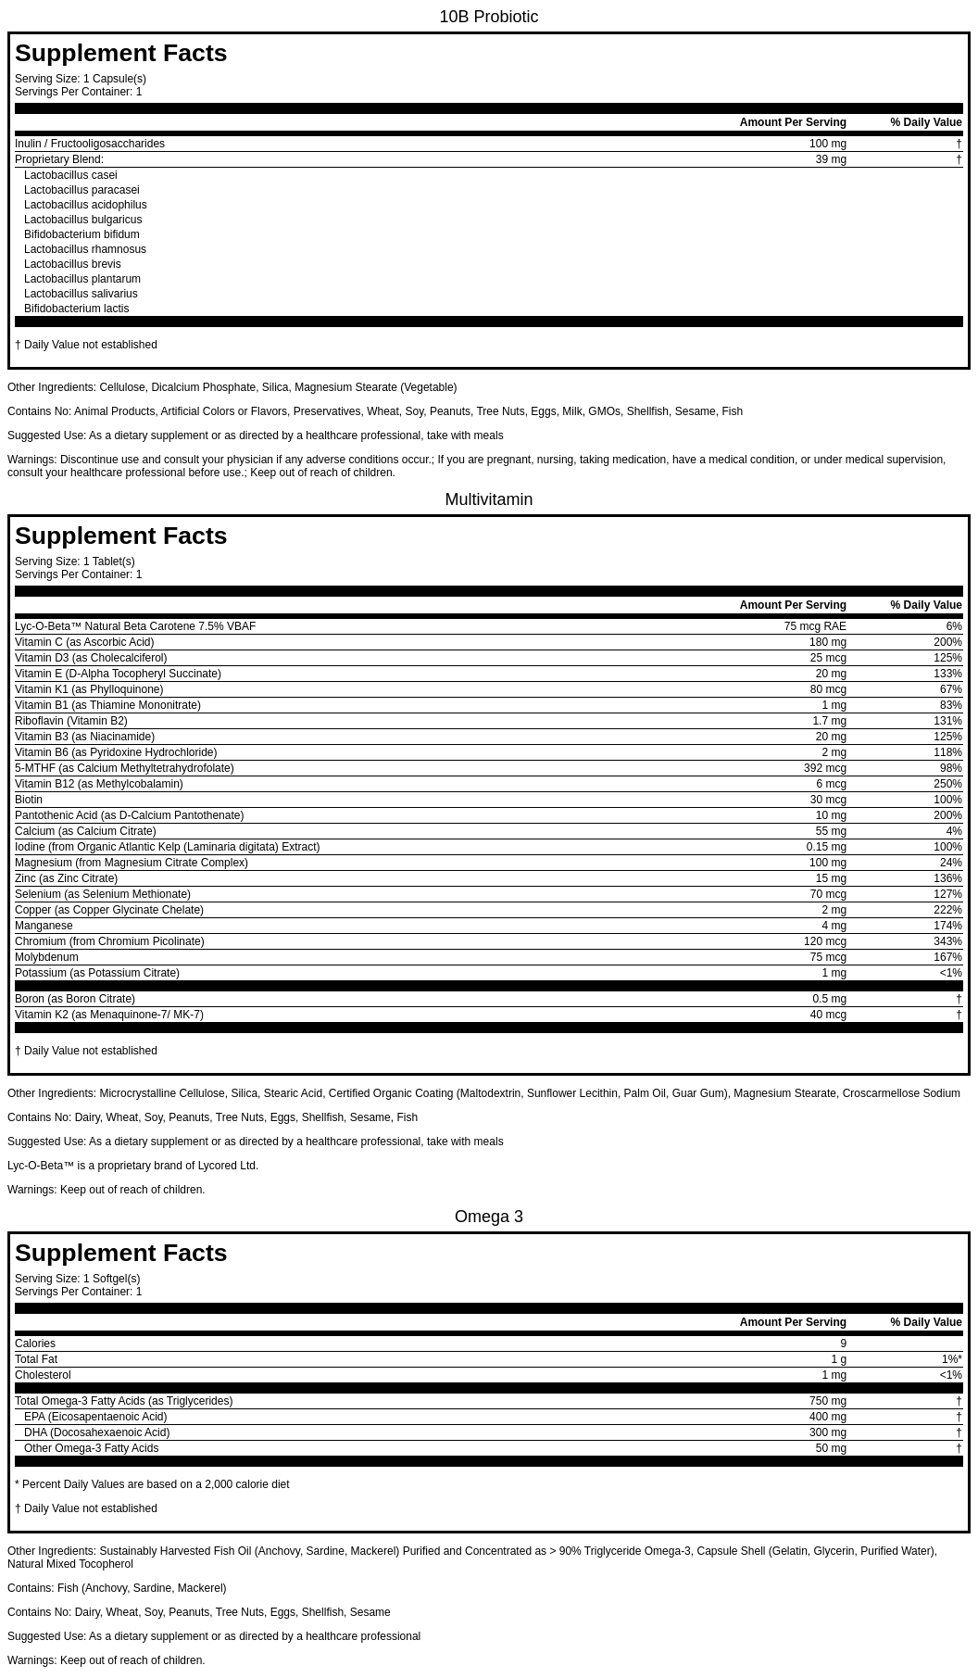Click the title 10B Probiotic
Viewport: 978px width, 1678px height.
tap(488, 17)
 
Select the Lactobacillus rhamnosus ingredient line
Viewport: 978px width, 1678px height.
tap(85, 249)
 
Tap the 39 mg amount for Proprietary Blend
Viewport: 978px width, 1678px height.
tap(831, 159)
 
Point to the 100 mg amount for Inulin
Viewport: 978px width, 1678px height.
tap(827, 144)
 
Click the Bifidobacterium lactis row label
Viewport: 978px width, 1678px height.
tap(76, 309)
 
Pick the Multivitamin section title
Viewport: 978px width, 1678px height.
tap(488, 499)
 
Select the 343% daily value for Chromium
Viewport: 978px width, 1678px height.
tap(947, 941)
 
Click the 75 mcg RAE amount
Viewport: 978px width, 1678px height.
tap(815, 626)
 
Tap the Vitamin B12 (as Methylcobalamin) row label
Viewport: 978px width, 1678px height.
tap(99, 784)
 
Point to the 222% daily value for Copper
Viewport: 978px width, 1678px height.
tap(947, 910)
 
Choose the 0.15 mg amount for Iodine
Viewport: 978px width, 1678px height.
tap(826, 847)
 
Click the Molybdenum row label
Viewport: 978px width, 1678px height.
tap(46, 957)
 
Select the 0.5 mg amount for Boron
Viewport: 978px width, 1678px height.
tap(829, 999)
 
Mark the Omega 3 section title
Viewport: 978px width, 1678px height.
tap(488, 1217)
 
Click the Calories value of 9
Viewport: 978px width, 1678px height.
tap(843, 1344)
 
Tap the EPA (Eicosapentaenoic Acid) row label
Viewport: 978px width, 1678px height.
tap(95, 1417)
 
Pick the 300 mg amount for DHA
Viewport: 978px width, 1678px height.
tap(827, 1432)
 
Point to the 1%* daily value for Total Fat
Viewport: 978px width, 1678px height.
tap(951, 1359)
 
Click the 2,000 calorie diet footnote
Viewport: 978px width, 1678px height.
tap(152, 1484)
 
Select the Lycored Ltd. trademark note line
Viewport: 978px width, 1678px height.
tap(132, 1166)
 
